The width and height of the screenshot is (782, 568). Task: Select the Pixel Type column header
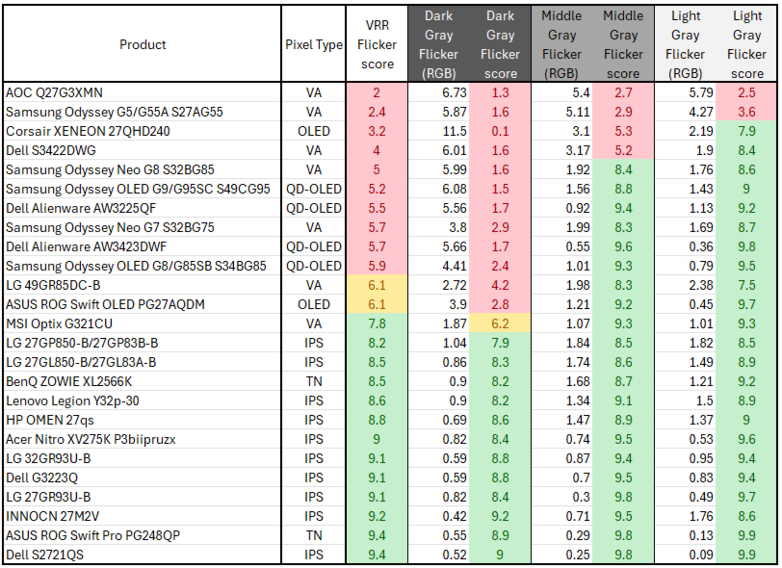pyautogui.click(x=314, y=44)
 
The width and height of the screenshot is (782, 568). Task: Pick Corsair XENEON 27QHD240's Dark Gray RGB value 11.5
pyautogui.click(x=455, y=131)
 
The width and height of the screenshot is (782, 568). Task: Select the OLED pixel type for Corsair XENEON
pyautogui.click(x=314, y=131)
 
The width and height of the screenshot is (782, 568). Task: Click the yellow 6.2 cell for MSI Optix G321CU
pyautogui.click(x=500, y=324)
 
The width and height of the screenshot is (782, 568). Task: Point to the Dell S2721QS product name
pyautogui.click(x=45, y=555)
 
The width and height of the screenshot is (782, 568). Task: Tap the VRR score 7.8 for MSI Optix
pyautogui.click(x=377, y=324)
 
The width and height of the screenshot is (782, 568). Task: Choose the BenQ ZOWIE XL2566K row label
pyautogui.click(x=69, y=382)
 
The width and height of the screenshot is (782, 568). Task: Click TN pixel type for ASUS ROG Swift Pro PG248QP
pyautogui.click(x=314, y=535)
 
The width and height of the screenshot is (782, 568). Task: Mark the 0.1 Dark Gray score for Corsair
pyautogui.click(x=500, y=131)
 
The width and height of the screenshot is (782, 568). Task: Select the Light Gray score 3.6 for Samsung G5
pyautogui.click(x=747, y=112)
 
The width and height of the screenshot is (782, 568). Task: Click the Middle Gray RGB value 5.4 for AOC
pyautogui.click(x=581, y=93)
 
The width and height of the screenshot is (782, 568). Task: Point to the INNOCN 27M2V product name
pyautogui.click(x=52, y=516)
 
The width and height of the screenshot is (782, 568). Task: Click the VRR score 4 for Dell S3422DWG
pyautogui.click(x=377, y=151)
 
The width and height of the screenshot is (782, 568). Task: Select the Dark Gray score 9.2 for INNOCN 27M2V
pyautogui.click(x=500, y=516)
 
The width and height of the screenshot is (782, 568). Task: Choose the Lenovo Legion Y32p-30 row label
pyautogui.click(x=72, y=401)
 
